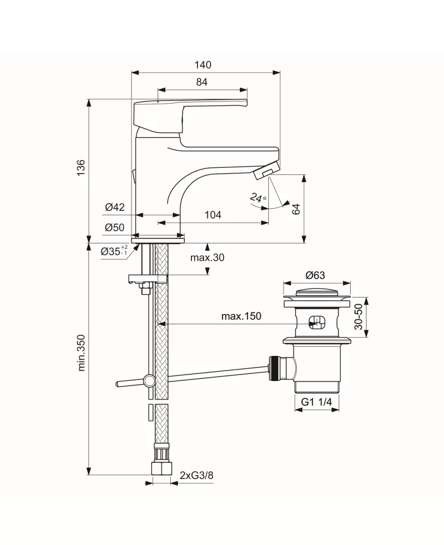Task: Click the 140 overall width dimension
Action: click(x=203, y=65)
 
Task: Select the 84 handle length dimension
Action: click(x=202, y=82)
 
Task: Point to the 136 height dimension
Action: click(x=81, y=167)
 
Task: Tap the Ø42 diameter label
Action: click(x=115, y=207)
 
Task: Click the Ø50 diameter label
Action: click(x=115, y=227)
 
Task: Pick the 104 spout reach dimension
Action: click(x=213, y=215)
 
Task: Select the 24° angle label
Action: click(x=258, y=198)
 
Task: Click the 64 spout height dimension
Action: click(x=296, y=209)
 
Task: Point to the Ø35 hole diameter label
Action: click(x=114, y=251)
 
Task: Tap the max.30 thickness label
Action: click(x=207, y=258)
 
